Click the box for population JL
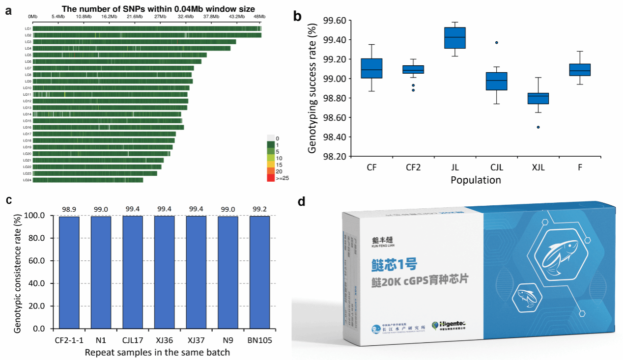pyautogui.click(x=454, y=38)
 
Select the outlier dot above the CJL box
pyautogui.click(x=497, y=43)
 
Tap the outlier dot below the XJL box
pyautogui.click(x=538, y=127)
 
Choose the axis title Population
pyautogui.click(x=476, y=180)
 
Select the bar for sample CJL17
pyautogui.click(x=133, y=272)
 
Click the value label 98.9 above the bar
pyautogui.click(x=69, y=210)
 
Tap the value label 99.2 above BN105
pyautogui.click(x=259, y=210)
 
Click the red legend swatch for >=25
pyautogui.click(x=271, y=178)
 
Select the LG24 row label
pyautogui.click(x=28, y=180)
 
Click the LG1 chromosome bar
pyautogui.click(x=147, y=28)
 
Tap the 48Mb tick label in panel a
pyautogui.click(x=259, y=17)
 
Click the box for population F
pyautogui.click(x=580, y=70)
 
